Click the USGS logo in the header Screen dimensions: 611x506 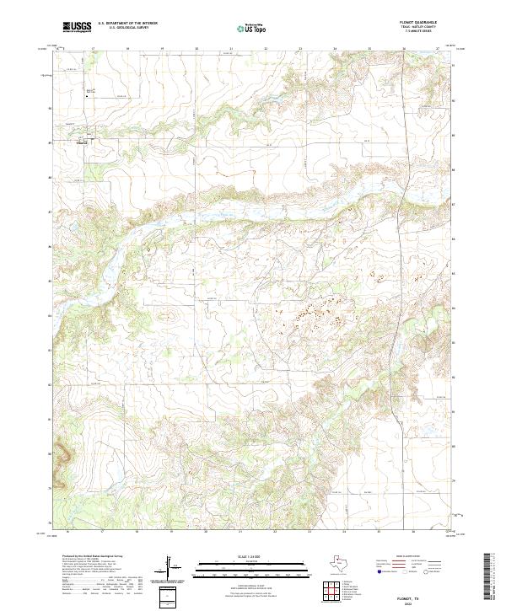coord(77,27)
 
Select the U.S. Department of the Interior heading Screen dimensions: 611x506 coord(126,24)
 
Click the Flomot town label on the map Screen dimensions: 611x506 coord(83,142)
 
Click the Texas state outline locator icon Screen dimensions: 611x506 coord(344,563)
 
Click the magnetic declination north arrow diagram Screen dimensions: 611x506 coord(171,565)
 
